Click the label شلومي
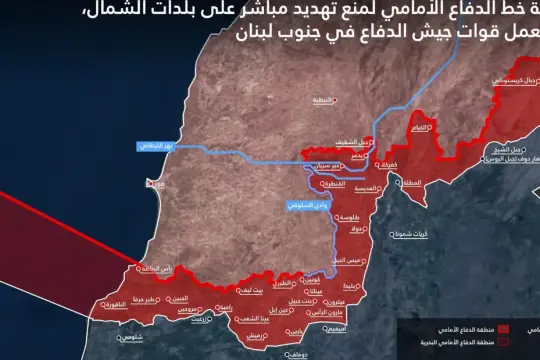pos(131,337)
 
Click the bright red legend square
pos(504,329)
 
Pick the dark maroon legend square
pos(504,343)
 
